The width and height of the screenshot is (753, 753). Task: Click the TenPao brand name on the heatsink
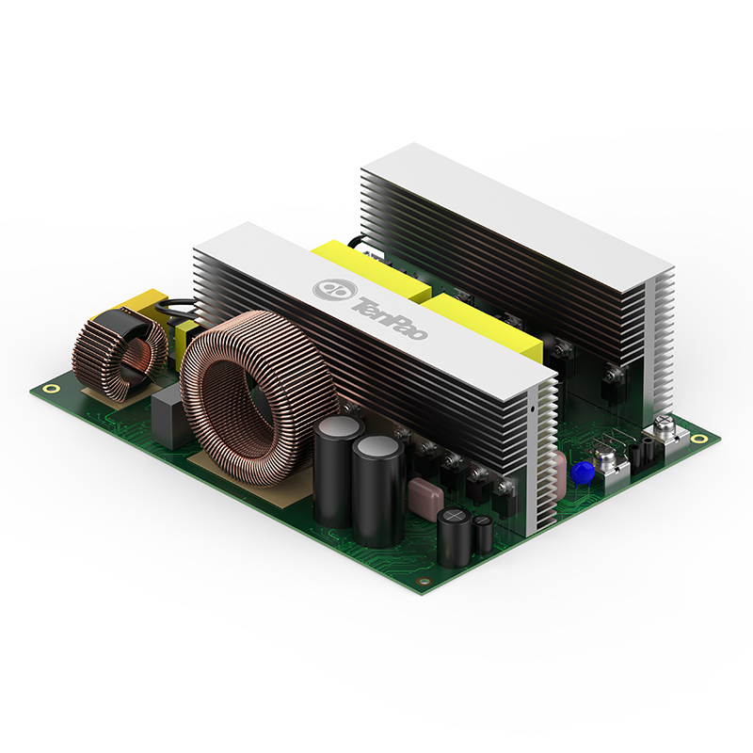coord(390,318)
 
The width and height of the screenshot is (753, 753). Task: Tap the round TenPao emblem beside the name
coord(334,289)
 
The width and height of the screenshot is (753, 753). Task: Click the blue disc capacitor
coord(583,473)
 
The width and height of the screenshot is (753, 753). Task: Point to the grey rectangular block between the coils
coord(168,419)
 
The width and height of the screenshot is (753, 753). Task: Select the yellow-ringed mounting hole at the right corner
coord(702,438)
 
